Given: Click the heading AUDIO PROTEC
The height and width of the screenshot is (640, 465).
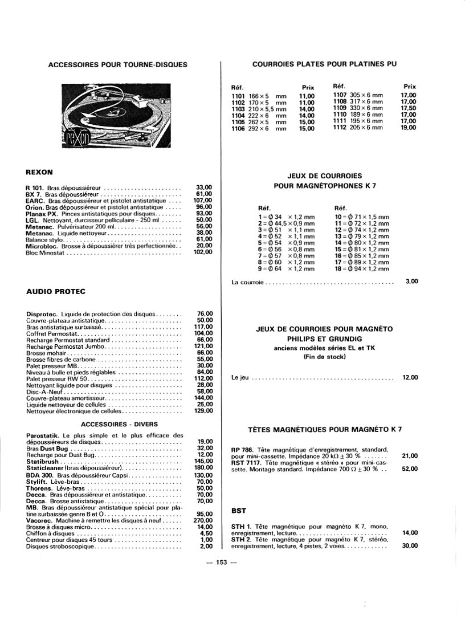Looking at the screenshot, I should pyautogui.click(x=56, y=292).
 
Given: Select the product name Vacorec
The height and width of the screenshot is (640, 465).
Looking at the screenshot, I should pyautogui.click(x=39, y=520).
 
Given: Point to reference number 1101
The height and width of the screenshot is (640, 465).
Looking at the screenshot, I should pyautogui.click(x=238, y=95).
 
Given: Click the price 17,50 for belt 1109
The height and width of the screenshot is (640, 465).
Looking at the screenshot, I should pyautogui.click(x=408, y=108).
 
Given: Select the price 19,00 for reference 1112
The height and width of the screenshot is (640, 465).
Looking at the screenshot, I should pyautogui.click(x=408, y=128).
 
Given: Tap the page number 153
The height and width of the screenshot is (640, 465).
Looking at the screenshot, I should pyautogui.click(x=222, y=562).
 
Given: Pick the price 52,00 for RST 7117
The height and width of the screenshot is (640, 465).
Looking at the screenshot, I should pyautogui.click(x=410, y=469).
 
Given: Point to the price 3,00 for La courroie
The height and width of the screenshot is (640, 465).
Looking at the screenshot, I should pyautogui.click(x=411, y=281).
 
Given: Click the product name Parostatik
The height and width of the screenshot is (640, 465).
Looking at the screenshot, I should pyautogui.click(x=44, y=435).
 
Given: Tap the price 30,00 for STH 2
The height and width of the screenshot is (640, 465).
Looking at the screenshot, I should pyautogui.click(x=410, y=545).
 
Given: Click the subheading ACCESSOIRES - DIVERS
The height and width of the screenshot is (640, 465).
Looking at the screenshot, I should pyautogui.click(x=119, y=424).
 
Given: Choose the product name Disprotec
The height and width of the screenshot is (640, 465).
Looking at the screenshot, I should pyautogui.click(x=42, y=313).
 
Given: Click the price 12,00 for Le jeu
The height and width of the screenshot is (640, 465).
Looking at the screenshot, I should pyautogui.click(x=410, y=377).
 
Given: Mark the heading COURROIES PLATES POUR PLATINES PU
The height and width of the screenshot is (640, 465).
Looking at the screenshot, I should pyautogui.click(x=324, y=64).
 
